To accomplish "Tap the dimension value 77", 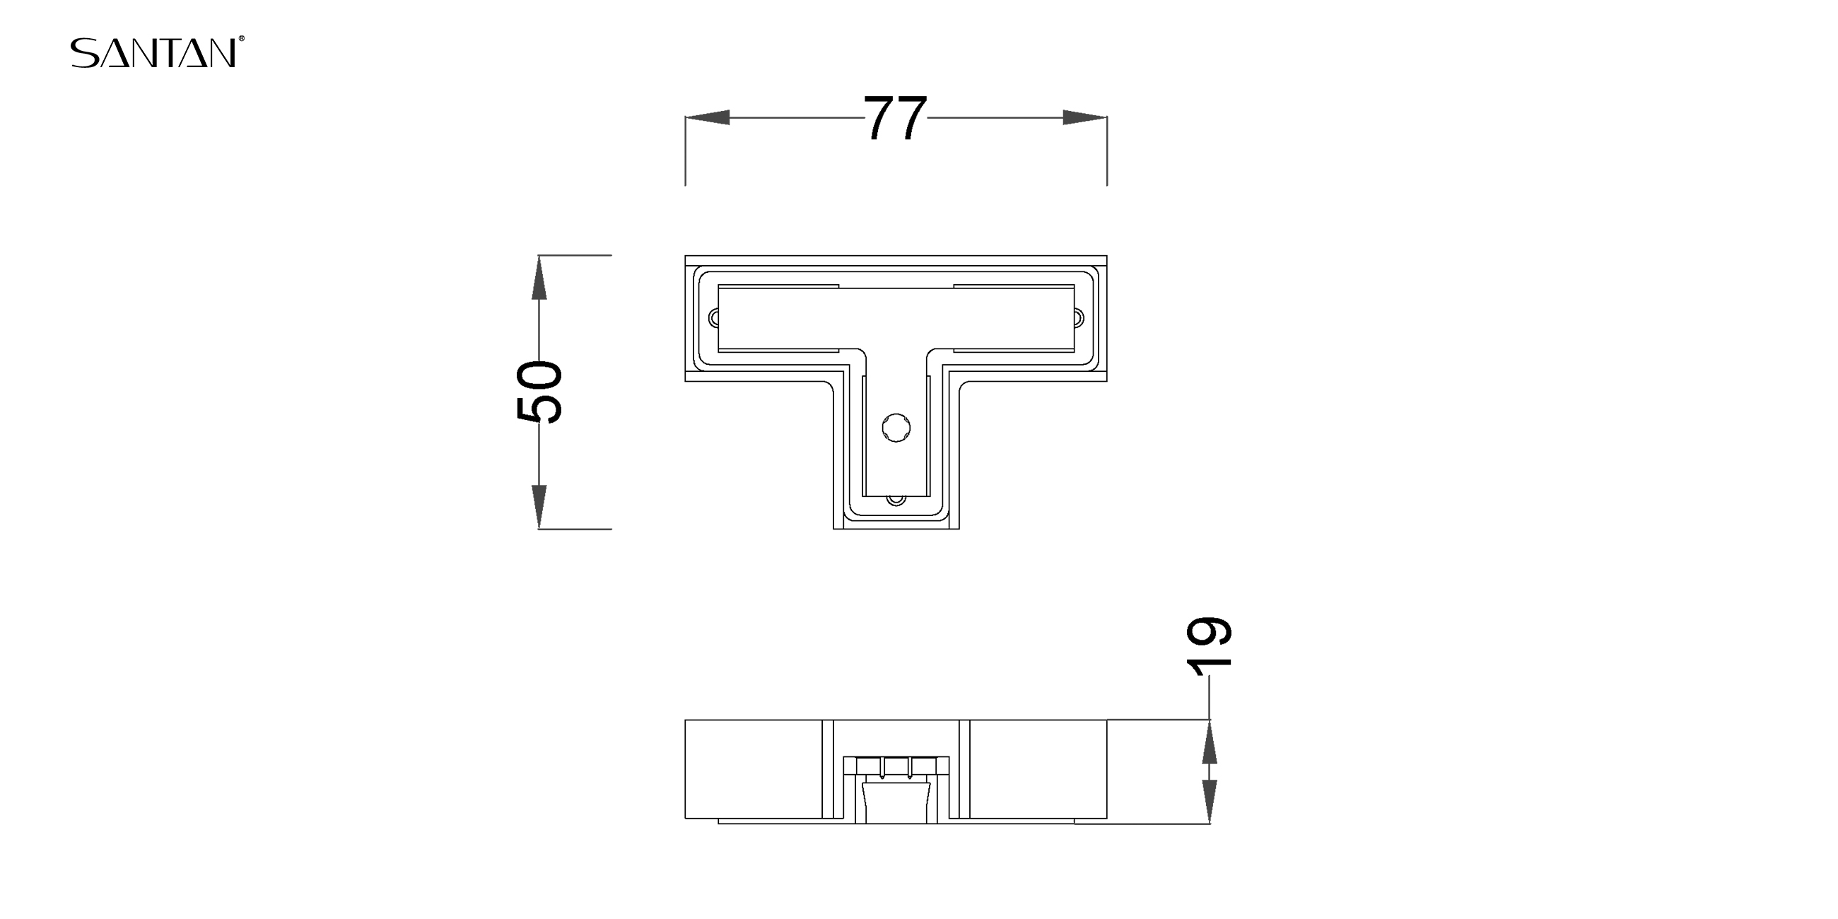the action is (x=896, y=118).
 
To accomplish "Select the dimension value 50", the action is (x=539, y=392).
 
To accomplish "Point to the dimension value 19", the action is (x=1209, y=645).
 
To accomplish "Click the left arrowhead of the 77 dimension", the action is (x=707, y=118).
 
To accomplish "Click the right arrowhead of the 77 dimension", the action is (x=1085, y=118).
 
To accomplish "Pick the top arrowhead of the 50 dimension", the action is (x=539, y=278).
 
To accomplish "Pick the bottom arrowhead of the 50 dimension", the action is (x=539, y=507).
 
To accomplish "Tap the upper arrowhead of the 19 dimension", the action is (x=1210, y=742).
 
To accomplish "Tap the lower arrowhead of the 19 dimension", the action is (x=1210, y=802).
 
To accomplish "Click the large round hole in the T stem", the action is (x=896, y=428).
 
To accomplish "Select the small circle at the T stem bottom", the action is (x=896, y=501).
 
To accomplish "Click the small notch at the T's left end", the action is (x=713, y=318).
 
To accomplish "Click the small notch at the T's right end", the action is (x=1079, y=318).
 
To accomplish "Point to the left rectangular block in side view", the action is (x=754, y=769).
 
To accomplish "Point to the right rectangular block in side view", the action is (x=1039, y=769).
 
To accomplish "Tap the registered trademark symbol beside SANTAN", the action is (x=242, y=39).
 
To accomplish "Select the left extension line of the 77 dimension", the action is (x=686, y=151).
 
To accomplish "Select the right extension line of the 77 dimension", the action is (x=1107, y=151).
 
